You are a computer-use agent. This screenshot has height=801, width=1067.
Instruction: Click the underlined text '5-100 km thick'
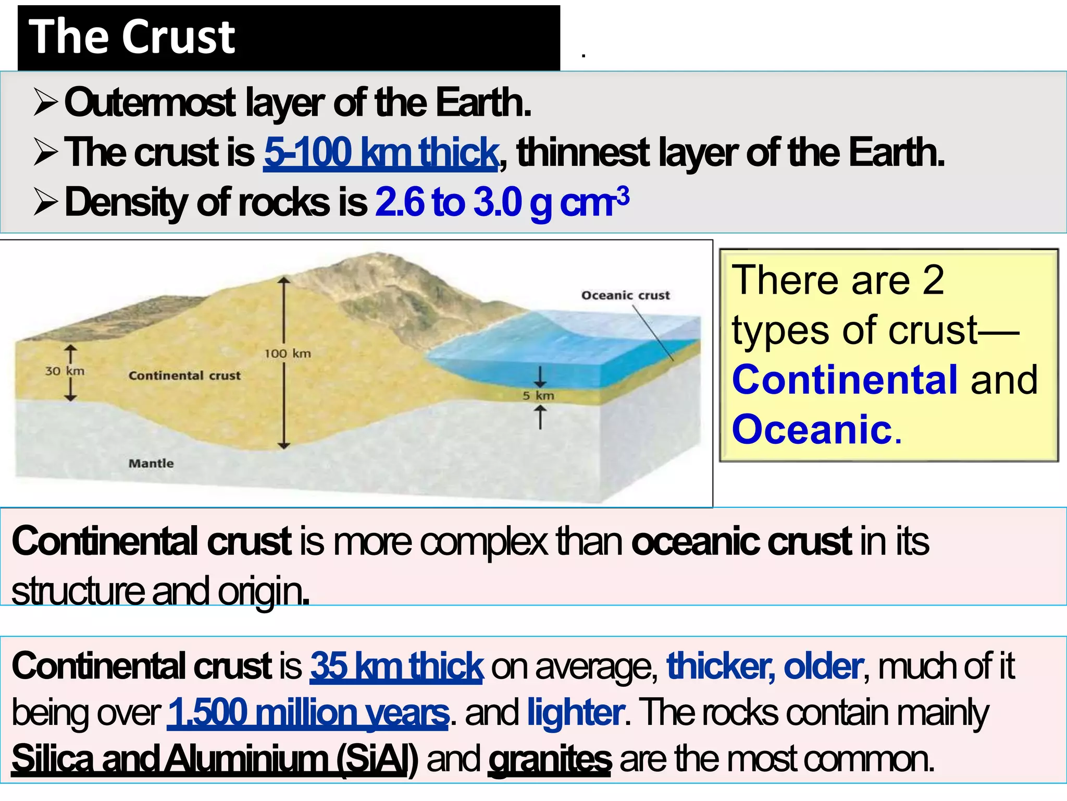[x=381, y=153]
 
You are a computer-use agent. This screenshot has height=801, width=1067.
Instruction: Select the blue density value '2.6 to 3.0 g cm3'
[x=501, y=202]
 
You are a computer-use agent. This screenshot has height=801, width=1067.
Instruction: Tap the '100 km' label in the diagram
[x=287, y=354]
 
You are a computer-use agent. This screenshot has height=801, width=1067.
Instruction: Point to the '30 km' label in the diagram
[x=65, y=371]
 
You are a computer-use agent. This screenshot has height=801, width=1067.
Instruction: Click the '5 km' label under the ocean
[x=538, y=396]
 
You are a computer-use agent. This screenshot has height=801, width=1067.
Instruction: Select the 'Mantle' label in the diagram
[x=151, y=463]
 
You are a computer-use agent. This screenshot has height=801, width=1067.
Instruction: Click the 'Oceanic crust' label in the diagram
[x=625, y=295]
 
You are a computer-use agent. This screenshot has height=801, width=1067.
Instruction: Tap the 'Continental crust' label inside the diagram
[x=184, y=375]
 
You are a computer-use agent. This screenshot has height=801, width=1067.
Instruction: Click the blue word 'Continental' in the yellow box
[x=845, y=380]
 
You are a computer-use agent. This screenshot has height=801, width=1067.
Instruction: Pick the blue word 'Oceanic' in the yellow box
[x=812, y=429]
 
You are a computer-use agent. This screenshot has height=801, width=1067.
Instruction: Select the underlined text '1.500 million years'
[x=307, y=712]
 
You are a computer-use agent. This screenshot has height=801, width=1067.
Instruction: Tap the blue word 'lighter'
[x=575, y=712]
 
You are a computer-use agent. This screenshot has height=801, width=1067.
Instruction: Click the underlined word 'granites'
[x=550, y=759]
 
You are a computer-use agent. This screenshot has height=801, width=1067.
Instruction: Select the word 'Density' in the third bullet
[x=126, y=202]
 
